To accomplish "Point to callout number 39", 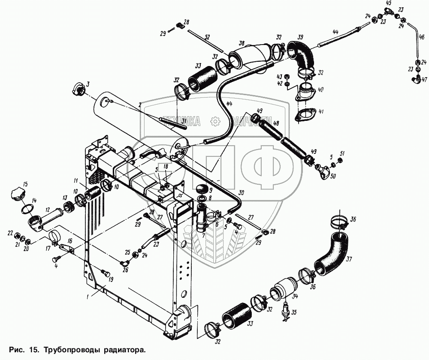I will pos(300,37).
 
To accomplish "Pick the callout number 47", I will pos(425,80).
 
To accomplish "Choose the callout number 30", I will pos(241,194).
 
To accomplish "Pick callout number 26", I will pos(125,270).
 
